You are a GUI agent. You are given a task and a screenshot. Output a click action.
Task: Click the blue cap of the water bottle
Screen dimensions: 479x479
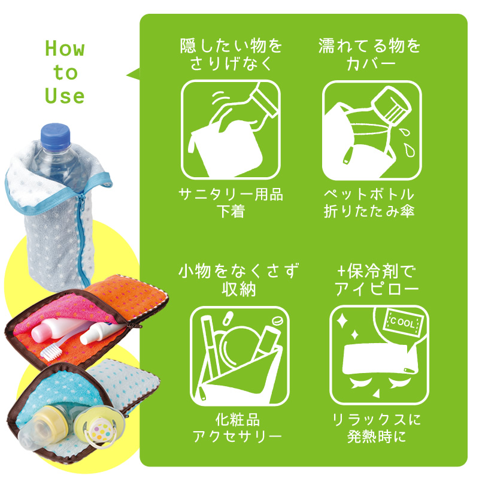coord(55,137)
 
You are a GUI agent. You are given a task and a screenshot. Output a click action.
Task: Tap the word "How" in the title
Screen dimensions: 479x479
coord(65,48)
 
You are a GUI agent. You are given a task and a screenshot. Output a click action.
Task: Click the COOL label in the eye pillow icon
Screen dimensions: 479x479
coord(402,322)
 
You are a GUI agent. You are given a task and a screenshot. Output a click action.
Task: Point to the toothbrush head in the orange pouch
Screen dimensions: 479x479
coord(49,351)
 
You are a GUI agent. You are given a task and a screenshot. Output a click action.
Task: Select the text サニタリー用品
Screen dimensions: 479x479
coord(231,194)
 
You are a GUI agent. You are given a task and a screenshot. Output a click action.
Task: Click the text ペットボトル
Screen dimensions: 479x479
coord(369,194)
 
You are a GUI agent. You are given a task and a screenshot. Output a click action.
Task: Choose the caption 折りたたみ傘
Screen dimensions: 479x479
coord(369,211)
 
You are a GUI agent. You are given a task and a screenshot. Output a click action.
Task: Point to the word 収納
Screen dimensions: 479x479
coord(239,289)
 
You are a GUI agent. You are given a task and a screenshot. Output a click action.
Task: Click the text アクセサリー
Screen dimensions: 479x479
coord(237,436)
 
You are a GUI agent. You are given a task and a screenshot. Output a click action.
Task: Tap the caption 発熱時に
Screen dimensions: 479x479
coord(377,436)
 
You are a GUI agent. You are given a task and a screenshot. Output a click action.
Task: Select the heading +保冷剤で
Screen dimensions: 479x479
coord(377,271)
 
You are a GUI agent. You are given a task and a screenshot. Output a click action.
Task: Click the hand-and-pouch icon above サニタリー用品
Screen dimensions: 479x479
coord(231,129)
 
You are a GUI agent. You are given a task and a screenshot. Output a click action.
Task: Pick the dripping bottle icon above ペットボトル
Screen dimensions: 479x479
coord(372,130)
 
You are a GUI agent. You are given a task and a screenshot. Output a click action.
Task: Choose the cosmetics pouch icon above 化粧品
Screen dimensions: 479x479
coord(239,356)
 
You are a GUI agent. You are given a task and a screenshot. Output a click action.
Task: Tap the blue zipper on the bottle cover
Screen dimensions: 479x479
coord(81,226)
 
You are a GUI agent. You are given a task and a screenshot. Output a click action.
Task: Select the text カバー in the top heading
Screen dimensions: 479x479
coord(371,64)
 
